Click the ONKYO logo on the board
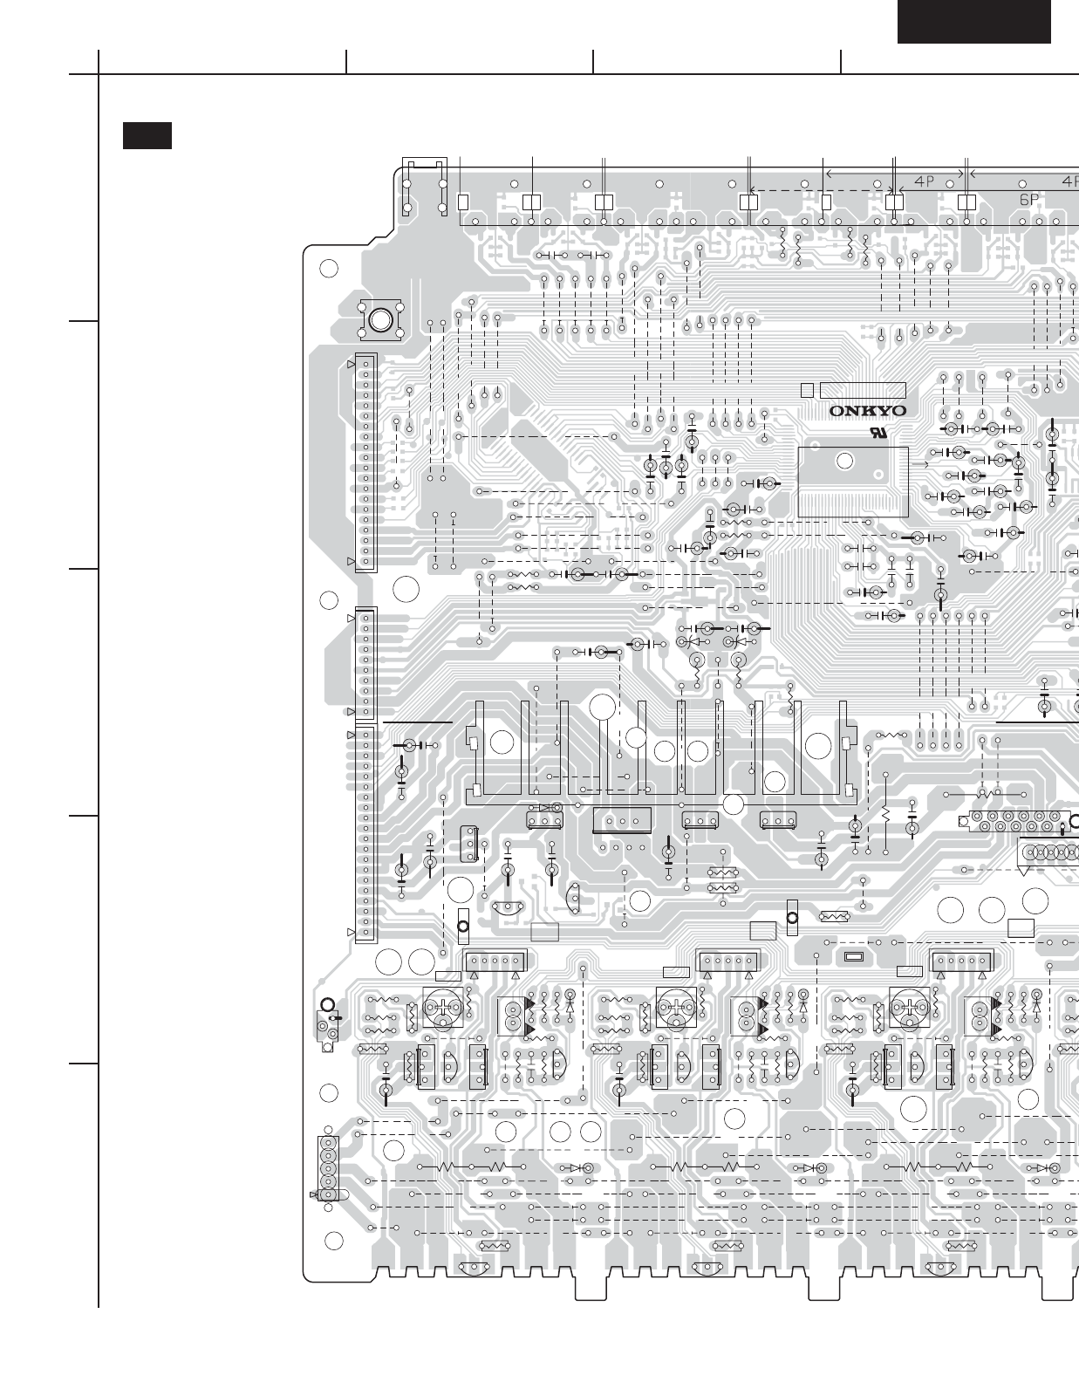click(868, 411)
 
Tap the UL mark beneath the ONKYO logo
click(878, 434)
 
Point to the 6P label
click(1028, 199)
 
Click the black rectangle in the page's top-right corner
click(974, 22)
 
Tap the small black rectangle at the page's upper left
click(147, 135)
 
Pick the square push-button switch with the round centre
click(380, 320)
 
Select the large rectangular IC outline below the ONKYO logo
click(852, 482)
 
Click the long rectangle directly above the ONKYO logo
click(863, 390)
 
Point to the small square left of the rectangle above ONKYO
click(807, 391)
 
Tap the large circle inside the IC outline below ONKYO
click(844, 461)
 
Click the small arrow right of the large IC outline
click(920, 463)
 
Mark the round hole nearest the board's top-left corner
click(328, 269)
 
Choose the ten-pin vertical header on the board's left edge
click(365, 664)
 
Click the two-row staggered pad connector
click(1015, 821)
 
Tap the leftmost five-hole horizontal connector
click(496, 961)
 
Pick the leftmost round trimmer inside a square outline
click(443, 1007)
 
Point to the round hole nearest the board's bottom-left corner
click(333, 1241)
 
